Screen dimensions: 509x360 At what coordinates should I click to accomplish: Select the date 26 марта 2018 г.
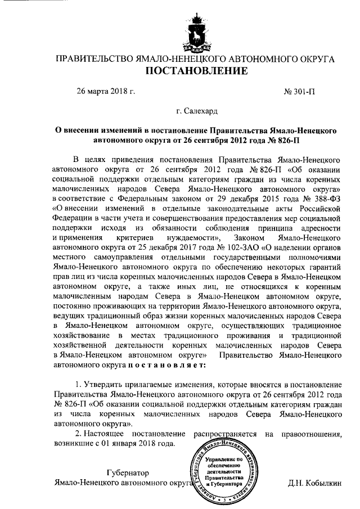click(106, 91)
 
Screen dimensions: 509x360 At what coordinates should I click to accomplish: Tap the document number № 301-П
click(301, 91)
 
